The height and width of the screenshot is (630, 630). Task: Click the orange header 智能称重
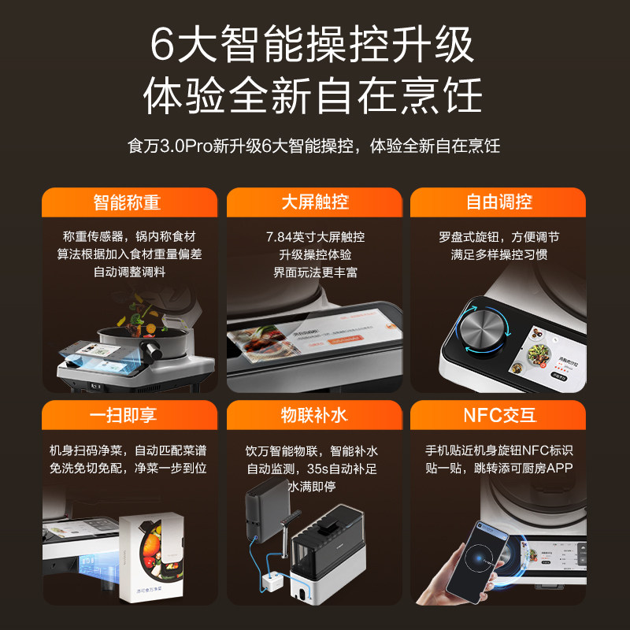click(x=129, y=202)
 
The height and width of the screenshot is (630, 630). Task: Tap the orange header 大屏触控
click(x=315, y=202)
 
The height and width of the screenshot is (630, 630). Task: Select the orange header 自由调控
click(x=499, y=202)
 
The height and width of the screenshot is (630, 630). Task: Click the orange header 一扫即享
click(x=129, y=416)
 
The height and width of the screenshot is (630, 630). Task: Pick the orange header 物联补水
click(x=315, y=416)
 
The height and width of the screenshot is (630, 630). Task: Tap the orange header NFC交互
click(x=499, y=416)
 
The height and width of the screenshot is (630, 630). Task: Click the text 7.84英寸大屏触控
click(x=315, y=237)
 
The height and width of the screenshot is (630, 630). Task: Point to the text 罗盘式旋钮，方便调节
click(x=499, y=237)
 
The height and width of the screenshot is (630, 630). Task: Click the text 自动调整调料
click(x=129, y=272)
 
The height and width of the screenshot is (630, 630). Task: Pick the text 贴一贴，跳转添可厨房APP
click(x=499, y=469)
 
